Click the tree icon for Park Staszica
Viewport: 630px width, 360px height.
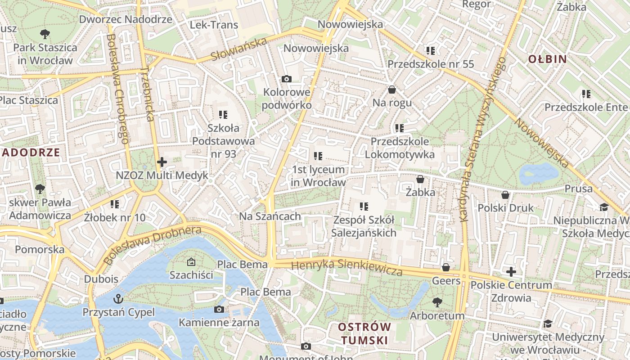click(45, 33)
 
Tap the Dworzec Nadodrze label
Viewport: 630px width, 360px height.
click(126, 19)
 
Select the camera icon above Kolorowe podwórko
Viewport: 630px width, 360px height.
click(286, 79)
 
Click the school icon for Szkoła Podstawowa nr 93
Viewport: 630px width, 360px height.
click(223, 114)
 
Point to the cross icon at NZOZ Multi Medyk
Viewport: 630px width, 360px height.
click(162, 162)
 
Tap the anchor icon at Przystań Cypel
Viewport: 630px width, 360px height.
click(118, 298)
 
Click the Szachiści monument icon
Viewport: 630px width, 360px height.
click(191, 261)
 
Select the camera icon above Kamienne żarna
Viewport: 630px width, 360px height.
click(219, 309)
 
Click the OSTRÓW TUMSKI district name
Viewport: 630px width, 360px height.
click(364, 333)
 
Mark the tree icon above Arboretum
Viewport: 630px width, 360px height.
click(437, 302)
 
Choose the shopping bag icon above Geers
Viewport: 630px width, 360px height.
click(446, 267)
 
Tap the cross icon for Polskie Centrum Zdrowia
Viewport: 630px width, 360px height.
click(511, 272)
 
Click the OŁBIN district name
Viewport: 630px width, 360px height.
click(547, 59)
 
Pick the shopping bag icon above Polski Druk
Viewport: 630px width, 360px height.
click(505, 195)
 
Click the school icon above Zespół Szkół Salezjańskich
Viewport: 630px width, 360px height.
click(364, 207)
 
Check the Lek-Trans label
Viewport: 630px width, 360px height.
click(214, 25)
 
